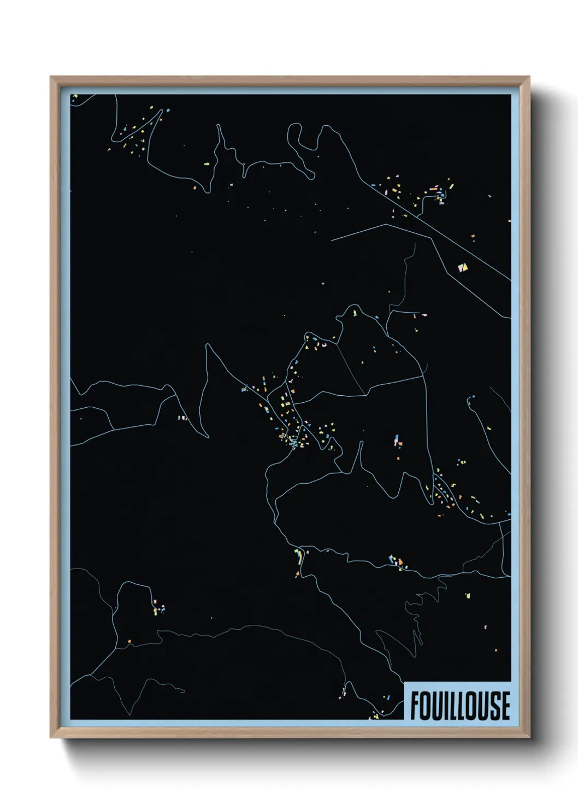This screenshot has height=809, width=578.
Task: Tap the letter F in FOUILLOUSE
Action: tap(415, 706)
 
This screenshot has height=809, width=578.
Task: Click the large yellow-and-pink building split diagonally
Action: tap(463, 267)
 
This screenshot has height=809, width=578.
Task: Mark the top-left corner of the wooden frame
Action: tap(51, 77)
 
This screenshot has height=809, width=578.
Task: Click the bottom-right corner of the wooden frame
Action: tap(529, 737)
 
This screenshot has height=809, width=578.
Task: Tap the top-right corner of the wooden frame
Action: tap(529, 77)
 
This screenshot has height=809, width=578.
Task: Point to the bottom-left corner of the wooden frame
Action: tap(51, 737)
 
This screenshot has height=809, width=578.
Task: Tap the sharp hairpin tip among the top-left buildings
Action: tap(162, 111)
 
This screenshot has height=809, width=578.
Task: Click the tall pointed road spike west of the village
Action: tap(207, 345)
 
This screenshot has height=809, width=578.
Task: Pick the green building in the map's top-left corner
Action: tap(75, 97)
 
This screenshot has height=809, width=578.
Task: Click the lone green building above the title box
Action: tap(467, 595)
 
